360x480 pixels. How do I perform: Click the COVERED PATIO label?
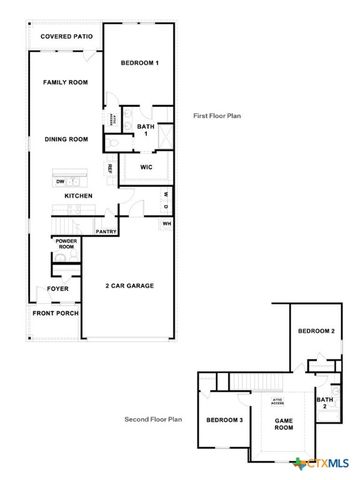pyautogui.click(x=65, y=37)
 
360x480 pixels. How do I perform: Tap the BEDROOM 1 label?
pyautogui.click(x=140, y=63)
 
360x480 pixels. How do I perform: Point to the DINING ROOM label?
pyautogui.click(x=66, y=139)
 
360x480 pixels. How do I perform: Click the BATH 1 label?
pyautogui.click(x=145, y=130)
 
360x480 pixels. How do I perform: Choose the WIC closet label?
pyautogui.click(x=145, y=167)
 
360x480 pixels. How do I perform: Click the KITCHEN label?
pyautogui.click(x=79, y=196)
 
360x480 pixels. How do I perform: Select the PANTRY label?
pyautogui.click(x=107, y=231)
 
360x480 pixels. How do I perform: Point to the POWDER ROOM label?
pyautogui.click(x=67, y=244)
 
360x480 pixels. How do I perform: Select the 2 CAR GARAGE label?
pyautogui.click(x=129, y=286)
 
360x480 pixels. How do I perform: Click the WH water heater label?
pyautogui.click(x=167, y=223)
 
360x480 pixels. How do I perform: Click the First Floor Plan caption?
pyautogui.click(x=217, y=117)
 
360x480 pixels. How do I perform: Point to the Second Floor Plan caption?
pyautogui.click(x=153, y=419)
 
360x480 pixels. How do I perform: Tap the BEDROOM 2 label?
pyautogui.click(x=317, y=331)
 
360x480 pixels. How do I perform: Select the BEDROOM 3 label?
pyautogui.click(x=225, y=420)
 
